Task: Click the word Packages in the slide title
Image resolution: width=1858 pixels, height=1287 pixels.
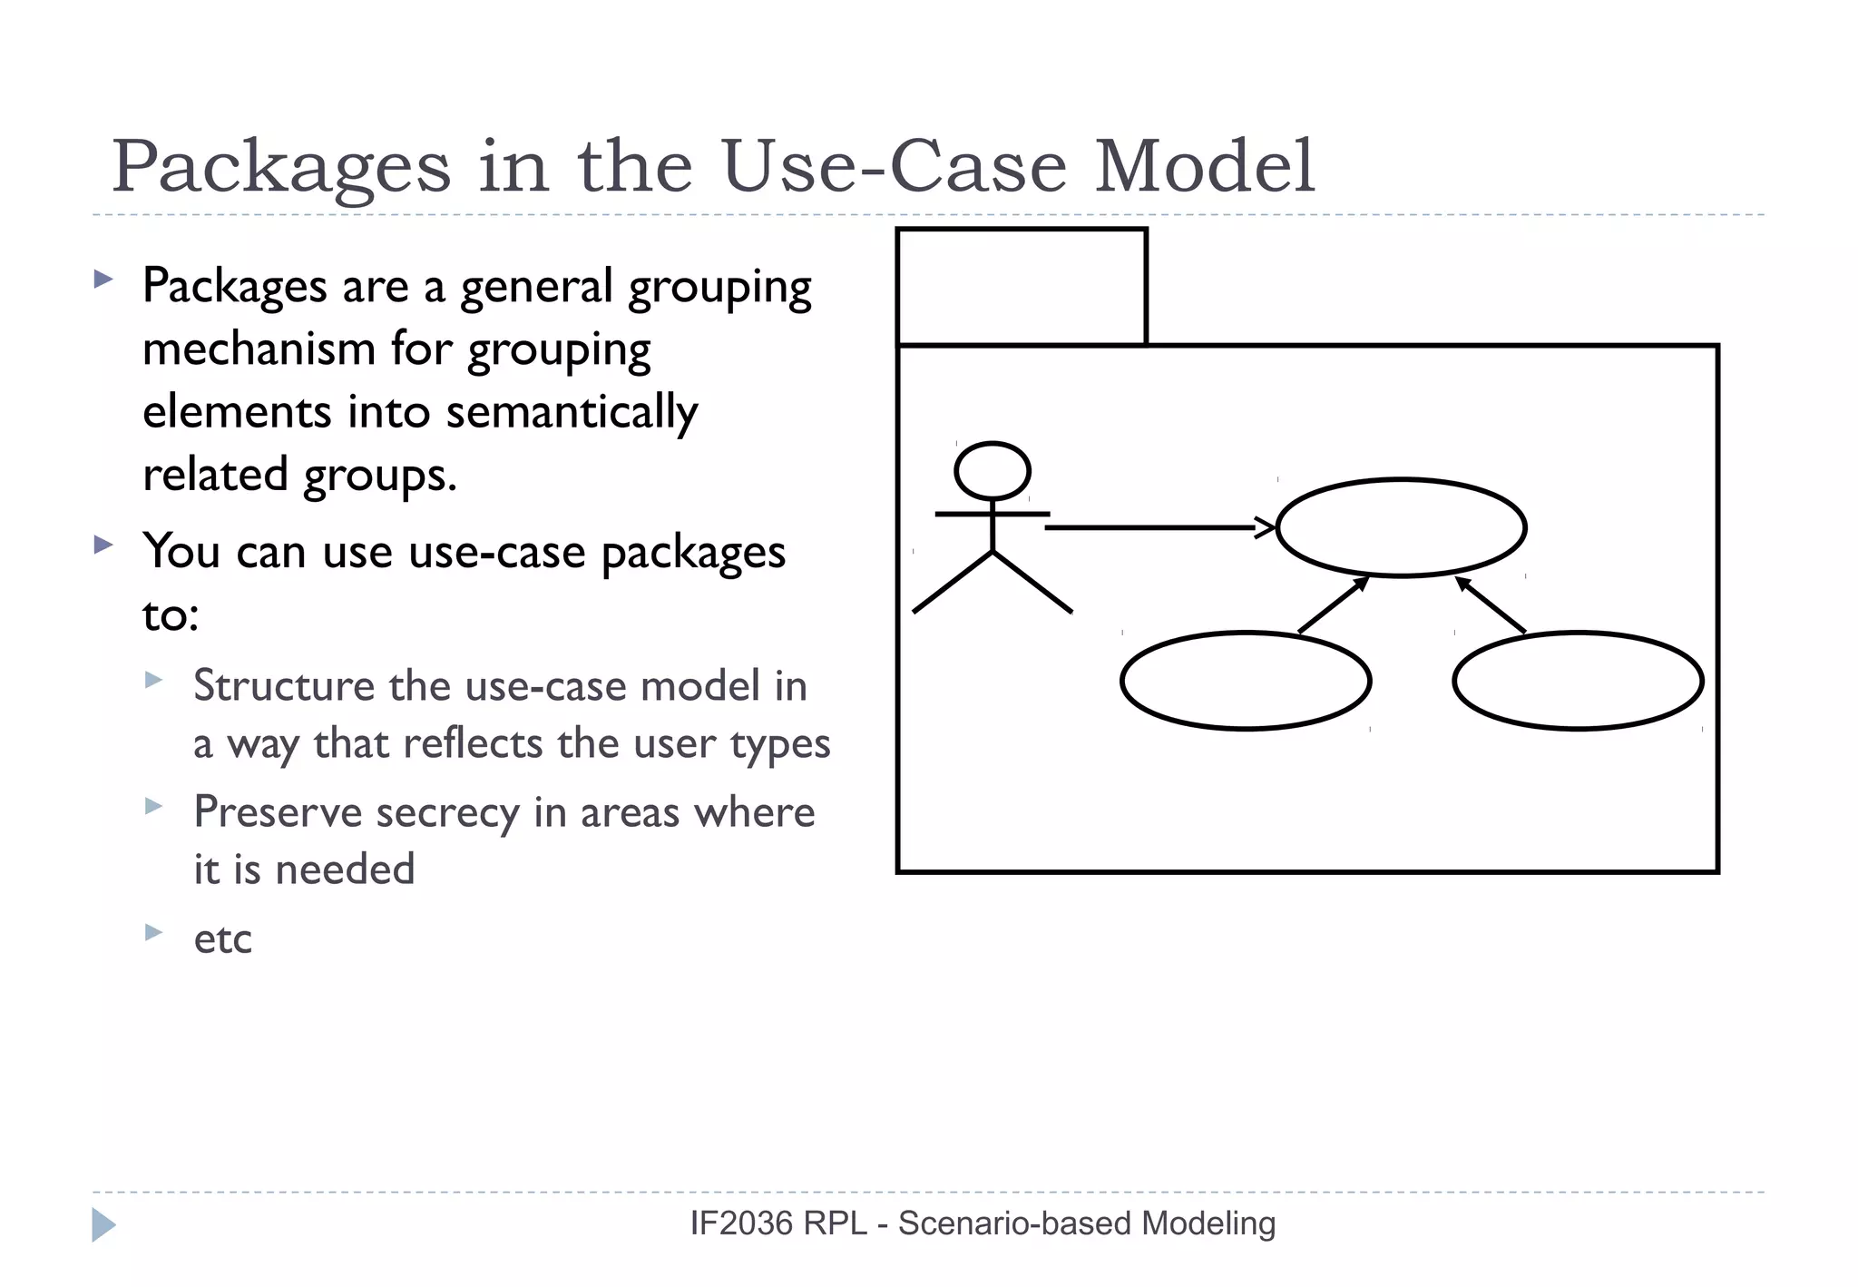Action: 281,168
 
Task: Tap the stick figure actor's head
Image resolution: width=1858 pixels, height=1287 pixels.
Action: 993,471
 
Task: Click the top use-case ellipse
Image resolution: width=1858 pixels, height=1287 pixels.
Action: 1402,527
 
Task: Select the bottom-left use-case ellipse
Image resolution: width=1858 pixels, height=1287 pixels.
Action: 1246,681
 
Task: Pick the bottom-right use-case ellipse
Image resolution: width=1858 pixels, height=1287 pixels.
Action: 1579,681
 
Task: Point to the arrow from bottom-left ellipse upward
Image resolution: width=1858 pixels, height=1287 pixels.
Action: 1334,604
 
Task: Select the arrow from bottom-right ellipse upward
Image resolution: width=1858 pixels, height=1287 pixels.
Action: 1491,604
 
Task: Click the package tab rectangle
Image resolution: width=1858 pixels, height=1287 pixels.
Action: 1022,287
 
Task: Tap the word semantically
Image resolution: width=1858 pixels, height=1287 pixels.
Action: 572,412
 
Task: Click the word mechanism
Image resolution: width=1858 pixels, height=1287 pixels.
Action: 259,349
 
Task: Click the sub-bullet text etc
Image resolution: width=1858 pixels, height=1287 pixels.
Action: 222,939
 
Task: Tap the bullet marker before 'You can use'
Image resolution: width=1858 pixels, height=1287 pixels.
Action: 103,545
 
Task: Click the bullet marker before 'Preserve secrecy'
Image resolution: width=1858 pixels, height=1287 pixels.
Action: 153,805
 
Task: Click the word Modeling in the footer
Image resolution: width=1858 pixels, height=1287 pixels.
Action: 1208,1223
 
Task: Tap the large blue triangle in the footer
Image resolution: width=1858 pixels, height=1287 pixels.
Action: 103,1225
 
